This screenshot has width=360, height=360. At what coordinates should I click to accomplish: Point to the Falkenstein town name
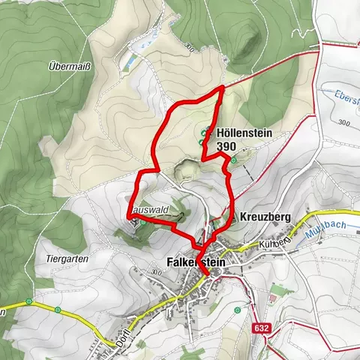[197, 262]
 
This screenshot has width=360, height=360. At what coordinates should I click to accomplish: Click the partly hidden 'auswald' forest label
[147, 211]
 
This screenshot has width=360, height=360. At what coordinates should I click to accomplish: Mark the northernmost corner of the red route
[223, 88]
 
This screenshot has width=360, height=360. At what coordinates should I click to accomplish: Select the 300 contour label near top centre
[188, 48]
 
